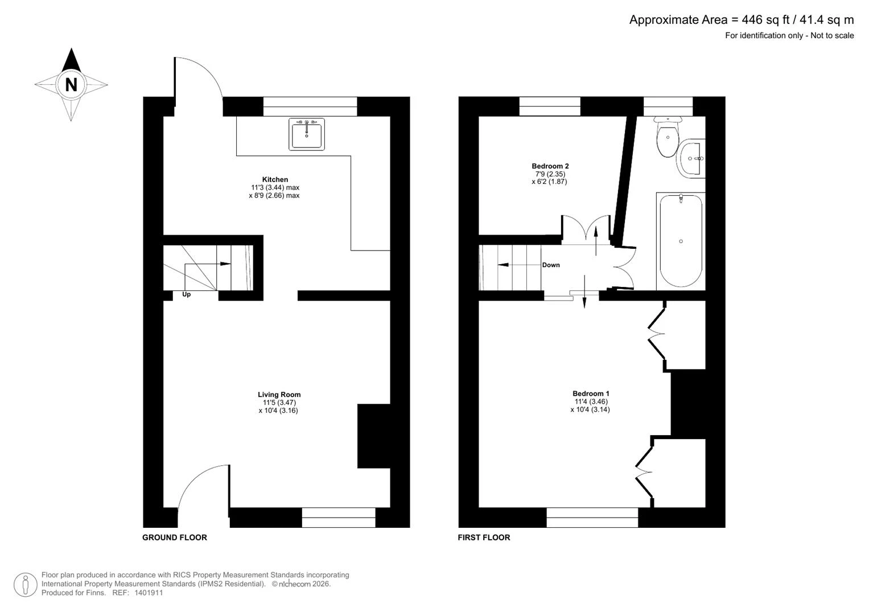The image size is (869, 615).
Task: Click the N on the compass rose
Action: tap(71, 85)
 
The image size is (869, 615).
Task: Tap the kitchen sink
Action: tap(307, 134)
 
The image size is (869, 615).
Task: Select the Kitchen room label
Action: tap(275, 179)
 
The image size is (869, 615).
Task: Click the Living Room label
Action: tap(279, 395)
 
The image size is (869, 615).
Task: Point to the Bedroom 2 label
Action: tap(550, 166)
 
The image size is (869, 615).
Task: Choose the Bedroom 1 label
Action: tap(591, 393)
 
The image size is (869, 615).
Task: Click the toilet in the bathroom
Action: tap(668, 136)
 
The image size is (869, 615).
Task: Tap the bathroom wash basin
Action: tap(691, 158)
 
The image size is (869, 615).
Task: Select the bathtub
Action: tap(681, 241)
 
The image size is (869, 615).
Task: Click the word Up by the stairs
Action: tap(187, 294)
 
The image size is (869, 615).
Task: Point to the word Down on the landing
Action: tap(551, 265)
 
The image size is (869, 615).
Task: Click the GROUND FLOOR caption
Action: tap(175, 538)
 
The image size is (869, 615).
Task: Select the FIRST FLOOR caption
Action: tap(484, 538)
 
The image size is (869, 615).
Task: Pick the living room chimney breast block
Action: tap(373, 436)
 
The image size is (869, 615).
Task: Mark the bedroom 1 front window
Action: tap(592, 518)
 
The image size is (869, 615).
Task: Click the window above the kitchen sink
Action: tap(310, 106)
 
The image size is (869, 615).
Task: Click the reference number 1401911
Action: tap(149, 592)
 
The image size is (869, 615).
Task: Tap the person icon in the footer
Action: tap(26, 585)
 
